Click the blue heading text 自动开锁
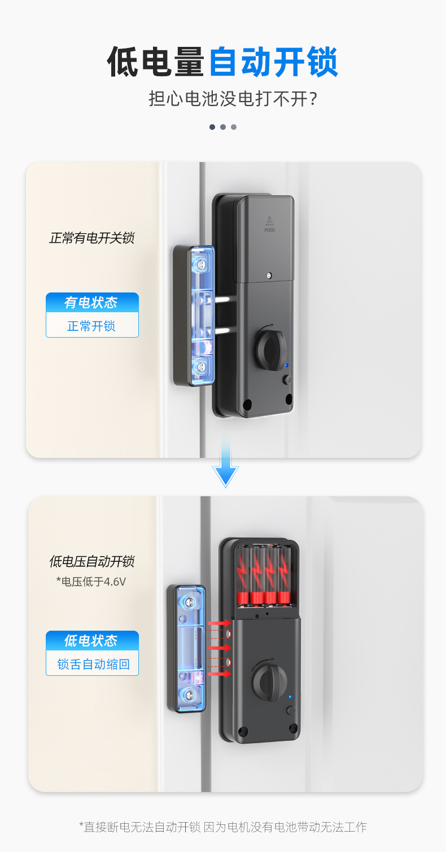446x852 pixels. coord(274,62)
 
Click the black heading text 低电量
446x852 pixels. coord(156,62)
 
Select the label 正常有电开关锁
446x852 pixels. coord(91,238)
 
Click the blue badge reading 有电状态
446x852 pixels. coord(92,302)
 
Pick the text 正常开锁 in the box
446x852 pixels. coord(91,326)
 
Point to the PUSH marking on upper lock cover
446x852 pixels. coord(269,230)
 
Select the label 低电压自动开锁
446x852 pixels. coord(91,562)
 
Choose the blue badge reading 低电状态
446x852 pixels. coord(92,640)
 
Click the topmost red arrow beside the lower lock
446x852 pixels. coord(220,623)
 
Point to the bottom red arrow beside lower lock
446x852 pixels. coord(220,674)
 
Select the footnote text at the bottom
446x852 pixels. coord(222,827)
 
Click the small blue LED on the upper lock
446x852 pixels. coord(287,365)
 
